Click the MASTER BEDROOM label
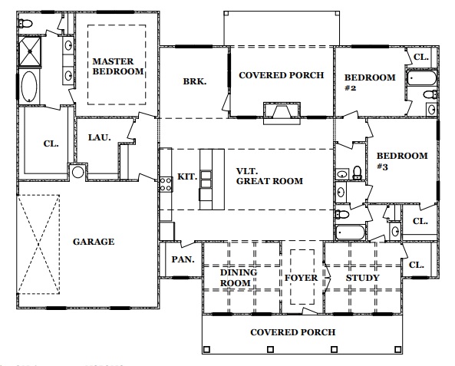[x=118, y=67]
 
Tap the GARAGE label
[x=94, y=242]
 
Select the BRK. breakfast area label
[x=195, y=81]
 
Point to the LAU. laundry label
[x=100, y=137]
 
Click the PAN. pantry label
[x=183, y=259]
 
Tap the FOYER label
[x=302, y=278]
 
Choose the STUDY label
[x=362, y=278]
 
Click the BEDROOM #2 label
[x=370, y=83]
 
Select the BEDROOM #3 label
[x=402, y=161]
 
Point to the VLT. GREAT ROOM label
[x=269, y=176]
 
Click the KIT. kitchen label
[x=187, y=176]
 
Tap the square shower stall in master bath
[x=30, y=51]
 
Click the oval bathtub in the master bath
[x=29, y=87]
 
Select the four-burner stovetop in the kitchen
[x=166, y=185]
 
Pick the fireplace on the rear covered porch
[x=282, y=114]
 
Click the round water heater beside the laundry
[x=77, y=172]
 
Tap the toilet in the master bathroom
[x=25, y=23]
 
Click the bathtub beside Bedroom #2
[x=422, y=78]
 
